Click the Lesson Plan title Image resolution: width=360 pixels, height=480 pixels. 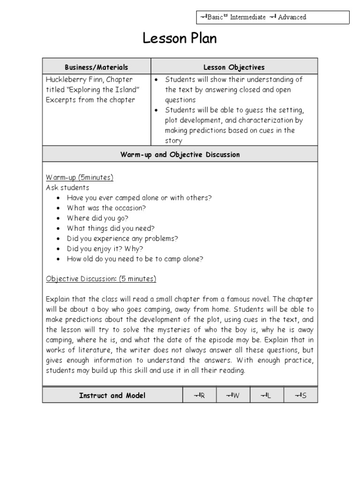[x=180, y=39]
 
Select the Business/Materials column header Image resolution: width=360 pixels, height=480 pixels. [x=96, y=67]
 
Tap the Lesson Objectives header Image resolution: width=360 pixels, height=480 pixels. [x=234, y=67]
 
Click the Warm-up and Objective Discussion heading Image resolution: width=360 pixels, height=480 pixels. [x=180, y=154]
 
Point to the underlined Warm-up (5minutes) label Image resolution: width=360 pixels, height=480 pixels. [x=79, y=178]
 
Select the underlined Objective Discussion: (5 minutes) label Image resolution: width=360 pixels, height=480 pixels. [x=101, y=279]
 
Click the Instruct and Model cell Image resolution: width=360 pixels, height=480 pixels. [x=112, y=395]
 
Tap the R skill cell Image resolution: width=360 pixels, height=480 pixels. [x=199, y=396]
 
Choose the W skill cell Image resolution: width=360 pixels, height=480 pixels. [x=233, y=396]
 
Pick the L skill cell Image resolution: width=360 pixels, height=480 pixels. [x=266, y=396]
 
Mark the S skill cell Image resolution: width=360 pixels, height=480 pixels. [x=300, y=396]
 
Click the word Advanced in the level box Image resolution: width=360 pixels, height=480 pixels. [x=292, y=17]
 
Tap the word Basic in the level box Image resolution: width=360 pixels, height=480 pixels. [x=215, y=17]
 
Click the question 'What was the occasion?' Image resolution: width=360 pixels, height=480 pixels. [x=106, y=208]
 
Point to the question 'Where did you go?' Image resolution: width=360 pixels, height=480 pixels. [x=97, y=218]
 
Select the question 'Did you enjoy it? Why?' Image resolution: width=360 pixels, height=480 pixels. [x=105, y=248]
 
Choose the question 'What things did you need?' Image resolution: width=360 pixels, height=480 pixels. [x=111, y=228]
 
